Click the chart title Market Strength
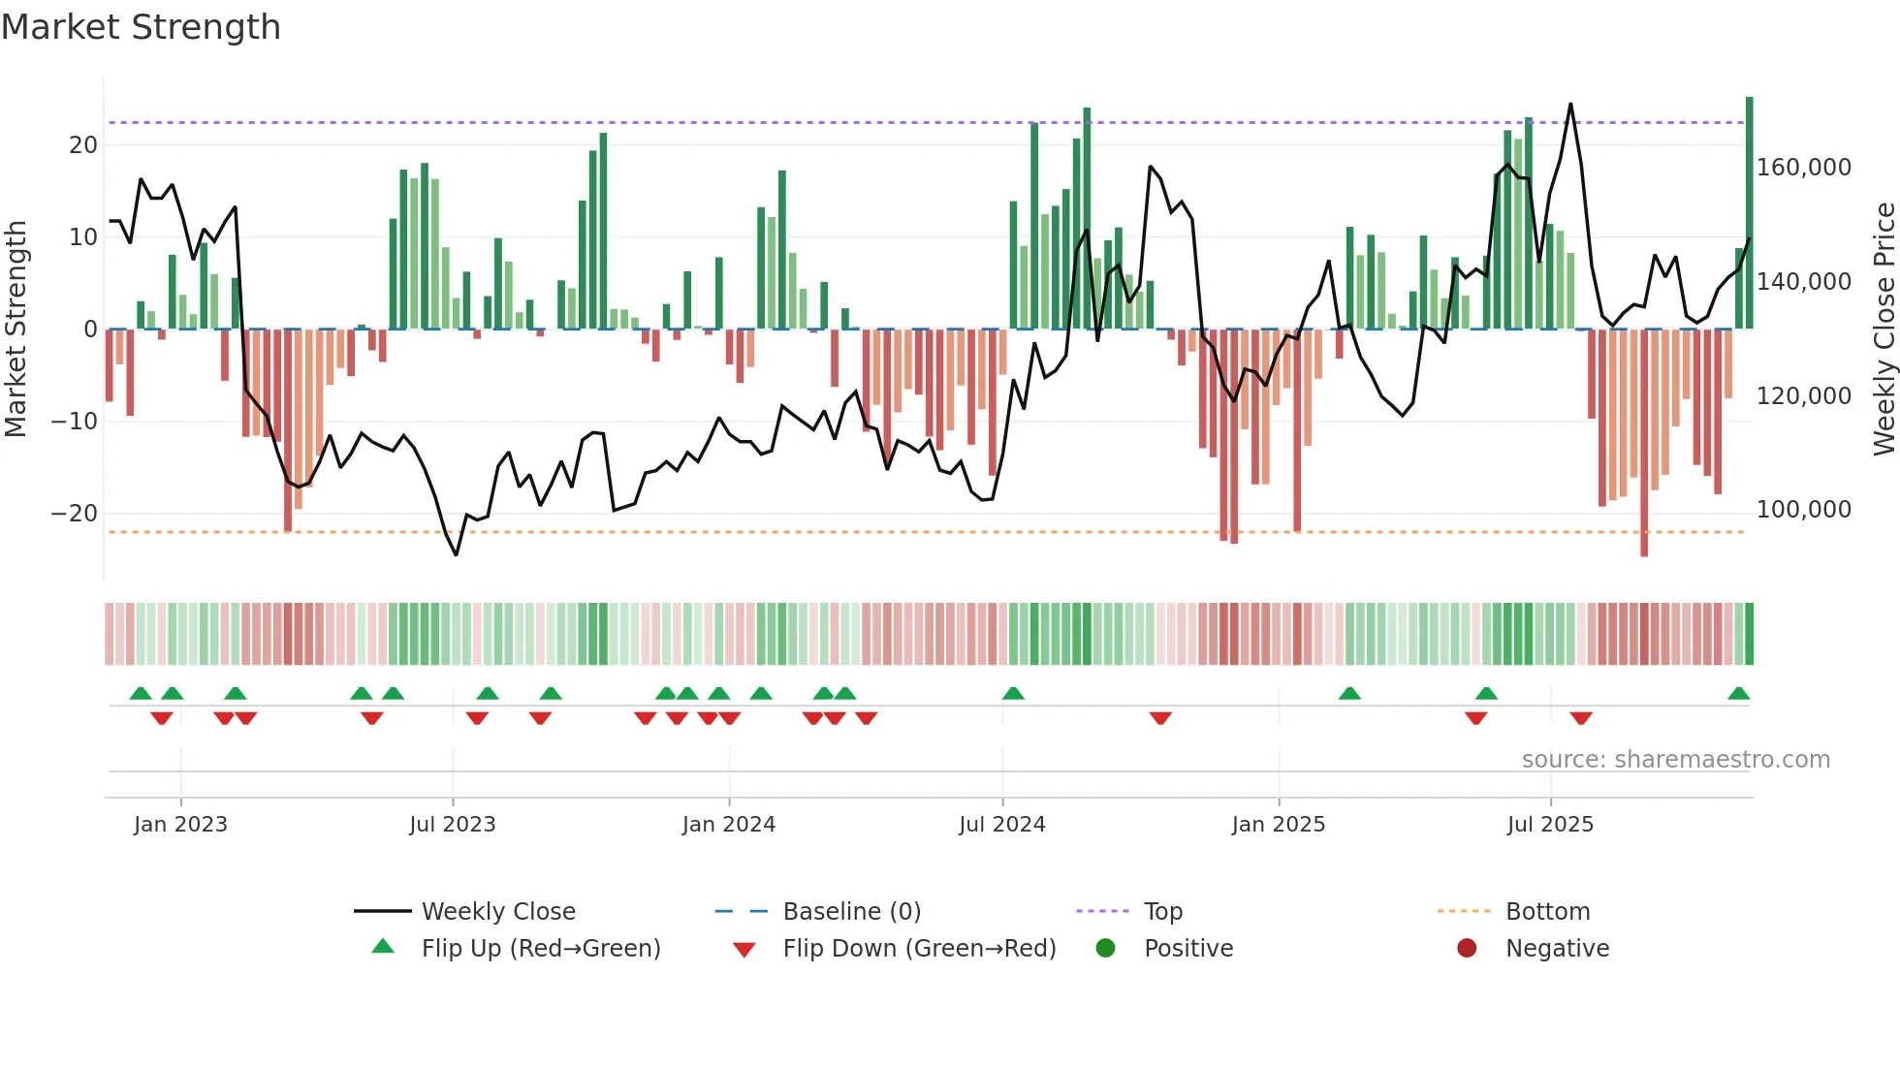(x=141, y=27)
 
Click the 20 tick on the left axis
(x=83, y=145)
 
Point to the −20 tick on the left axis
(x=75, y=514)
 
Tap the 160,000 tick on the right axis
(x=1803, y=168)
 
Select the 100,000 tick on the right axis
(x=1803, y=510)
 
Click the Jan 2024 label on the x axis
(x=728, y=825)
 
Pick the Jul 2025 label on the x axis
(x=1549, y=825)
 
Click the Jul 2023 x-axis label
(x=452, y=825)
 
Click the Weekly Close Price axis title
(x=1884, y=330)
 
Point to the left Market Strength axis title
(x=16, y=330)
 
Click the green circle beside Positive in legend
(x=1105, y=948)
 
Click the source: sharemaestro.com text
(x=1675, y=760)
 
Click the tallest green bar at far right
(x=1749, y=213)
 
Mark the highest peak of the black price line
(x=1570, y=104)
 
